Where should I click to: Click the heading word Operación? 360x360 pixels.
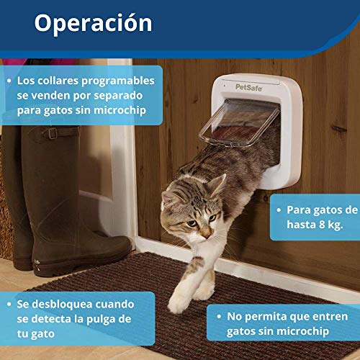click(x=93, y=23)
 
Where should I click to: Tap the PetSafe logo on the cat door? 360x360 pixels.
click(x=248, y=87)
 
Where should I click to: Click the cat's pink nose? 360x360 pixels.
click(x=207, y=233)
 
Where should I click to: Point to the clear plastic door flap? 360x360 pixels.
click(x=239, y=123)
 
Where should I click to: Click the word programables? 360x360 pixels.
click(x=118, y=81)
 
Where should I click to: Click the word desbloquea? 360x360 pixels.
click(x=63, y=305)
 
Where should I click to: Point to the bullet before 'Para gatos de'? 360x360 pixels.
click(x=279, y=210)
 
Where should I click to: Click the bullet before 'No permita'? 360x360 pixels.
click(x=219, y=317)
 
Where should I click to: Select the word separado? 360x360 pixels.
click(x=118, y=96)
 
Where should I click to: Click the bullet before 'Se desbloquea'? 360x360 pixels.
click(x=9, y=305)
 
